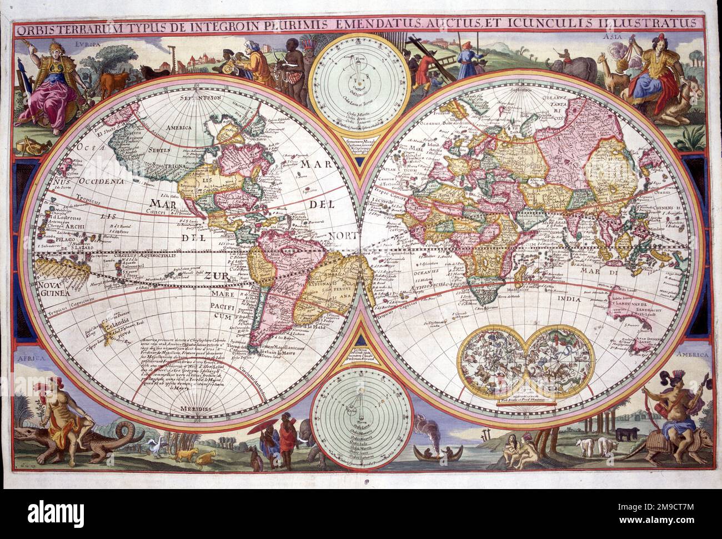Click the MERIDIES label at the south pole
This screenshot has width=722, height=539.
[x=191, y=409]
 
